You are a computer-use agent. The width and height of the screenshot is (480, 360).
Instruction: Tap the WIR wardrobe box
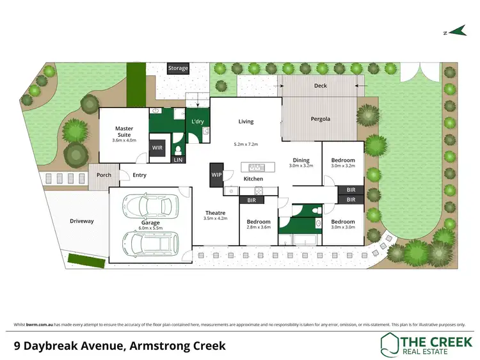[157, 147]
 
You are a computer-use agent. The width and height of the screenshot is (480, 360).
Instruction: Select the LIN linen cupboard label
[179, 160]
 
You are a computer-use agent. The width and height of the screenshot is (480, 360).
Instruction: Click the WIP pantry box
[216, 174]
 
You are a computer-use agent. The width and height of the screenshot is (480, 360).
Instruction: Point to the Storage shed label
[179, 68]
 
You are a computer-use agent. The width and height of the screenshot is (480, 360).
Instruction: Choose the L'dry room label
[197, 122]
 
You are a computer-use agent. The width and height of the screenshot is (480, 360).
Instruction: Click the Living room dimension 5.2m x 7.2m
[246, 145]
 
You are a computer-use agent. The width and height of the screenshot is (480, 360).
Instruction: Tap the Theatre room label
[215, 213]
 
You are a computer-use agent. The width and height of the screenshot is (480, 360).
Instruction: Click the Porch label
[104, 175]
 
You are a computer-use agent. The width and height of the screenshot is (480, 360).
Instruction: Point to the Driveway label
[82, 221]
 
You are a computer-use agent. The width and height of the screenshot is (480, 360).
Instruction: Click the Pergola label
[321, 119]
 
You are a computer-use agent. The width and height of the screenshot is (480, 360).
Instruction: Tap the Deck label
[321, 85]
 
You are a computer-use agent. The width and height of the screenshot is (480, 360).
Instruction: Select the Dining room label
[301, 160]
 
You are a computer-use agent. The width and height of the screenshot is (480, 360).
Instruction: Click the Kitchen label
[253, 179]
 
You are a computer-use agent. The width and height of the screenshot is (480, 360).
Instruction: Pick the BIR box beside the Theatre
[251, 200]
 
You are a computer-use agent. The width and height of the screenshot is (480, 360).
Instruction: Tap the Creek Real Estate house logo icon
[389, 345]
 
